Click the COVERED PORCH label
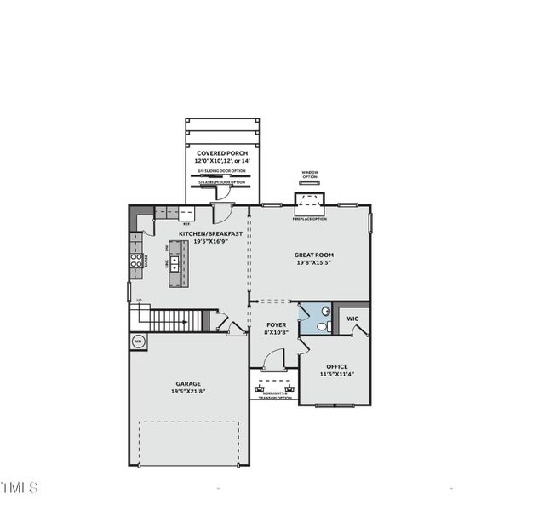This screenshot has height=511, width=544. click(222, 153)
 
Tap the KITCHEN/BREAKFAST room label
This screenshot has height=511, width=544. click(210, 233)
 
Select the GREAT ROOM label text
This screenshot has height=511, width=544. click(312, 254)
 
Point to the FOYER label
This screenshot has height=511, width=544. click(276, 324)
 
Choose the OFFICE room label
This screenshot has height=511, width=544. click(336, 366)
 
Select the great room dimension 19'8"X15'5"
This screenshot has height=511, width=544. click(312, 262)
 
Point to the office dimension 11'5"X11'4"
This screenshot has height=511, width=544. click(336, 375)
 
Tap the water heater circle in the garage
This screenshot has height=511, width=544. click(139, 342)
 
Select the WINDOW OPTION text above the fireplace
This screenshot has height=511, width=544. click(309, 175)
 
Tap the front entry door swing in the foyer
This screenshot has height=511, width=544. click(273, 362)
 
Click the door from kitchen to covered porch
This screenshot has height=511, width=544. click(223, 212)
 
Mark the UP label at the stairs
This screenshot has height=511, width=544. click(140, 301)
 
